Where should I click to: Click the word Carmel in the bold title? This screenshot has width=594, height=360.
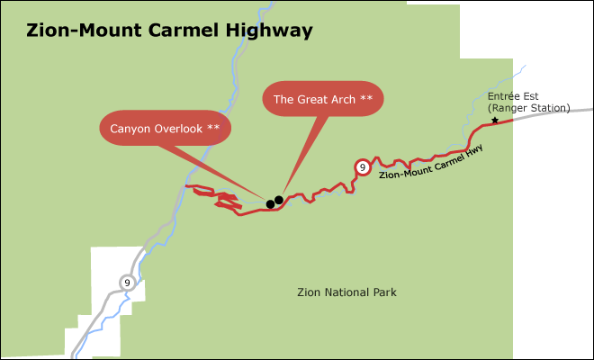tap(173, 31)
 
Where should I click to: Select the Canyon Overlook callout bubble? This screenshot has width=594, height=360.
tap(165, 128)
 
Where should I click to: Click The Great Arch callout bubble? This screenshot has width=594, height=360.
tap(322, 98)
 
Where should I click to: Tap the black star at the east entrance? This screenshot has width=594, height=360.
tap(494, 121)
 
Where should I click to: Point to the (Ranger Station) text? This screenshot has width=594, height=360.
tap(529, 108)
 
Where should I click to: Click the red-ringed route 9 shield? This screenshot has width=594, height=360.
tap(361, 167)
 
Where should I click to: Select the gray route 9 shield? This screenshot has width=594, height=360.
tap(127, 283)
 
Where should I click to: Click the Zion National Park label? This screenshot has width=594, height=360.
tap(346, 292)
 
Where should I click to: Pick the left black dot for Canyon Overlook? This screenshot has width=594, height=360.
tap(270, 204)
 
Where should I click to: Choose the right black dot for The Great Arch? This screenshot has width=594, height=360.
tap(279, 200)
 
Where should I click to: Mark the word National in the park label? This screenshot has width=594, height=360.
tap(348, 292)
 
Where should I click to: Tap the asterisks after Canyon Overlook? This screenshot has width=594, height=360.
tap(213, 128)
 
